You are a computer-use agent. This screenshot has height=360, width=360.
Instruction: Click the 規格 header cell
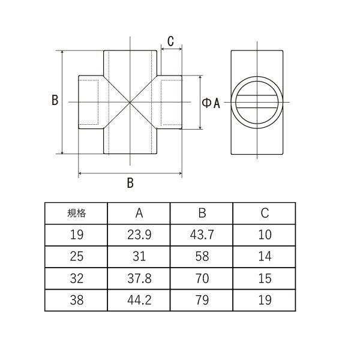coord(76,213)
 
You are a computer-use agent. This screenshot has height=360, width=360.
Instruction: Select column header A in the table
coord(139,213)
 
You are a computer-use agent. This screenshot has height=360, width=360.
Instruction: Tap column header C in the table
coord(265,213)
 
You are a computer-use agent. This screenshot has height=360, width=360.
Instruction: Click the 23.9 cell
coord(139,235)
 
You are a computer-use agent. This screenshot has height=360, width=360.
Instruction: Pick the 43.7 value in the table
coord(202,235)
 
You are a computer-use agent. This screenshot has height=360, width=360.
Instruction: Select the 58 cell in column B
coord(202,256)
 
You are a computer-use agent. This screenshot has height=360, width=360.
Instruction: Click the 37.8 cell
coord(139,278)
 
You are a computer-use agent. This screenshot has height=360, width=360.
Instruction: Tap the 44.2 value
coord(139,300)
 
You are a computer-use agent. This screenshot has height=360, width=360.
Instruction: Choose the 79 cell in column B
coord(202,300)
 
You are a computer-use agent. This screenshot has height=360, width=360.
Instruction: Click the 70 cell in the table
coord(202,278)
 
